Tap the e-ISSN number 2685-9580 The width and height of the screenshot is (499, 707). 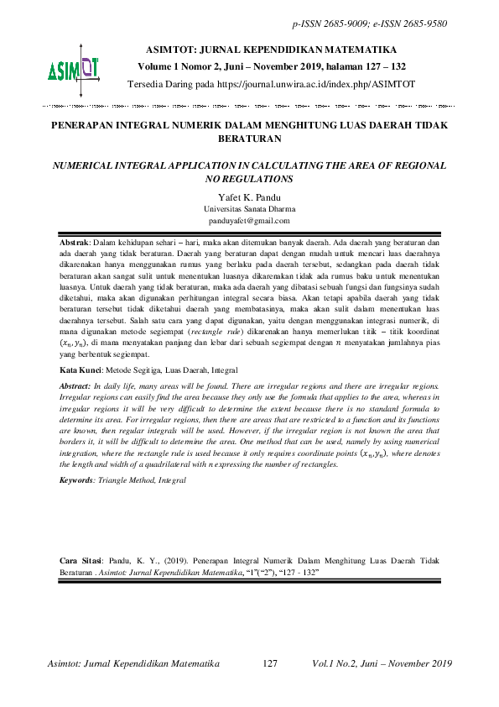coord(424,24)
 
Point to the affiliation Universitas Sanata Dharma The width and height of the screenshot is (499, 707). coord(248,208)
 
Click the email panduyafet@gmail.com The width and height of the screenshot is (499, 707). coord(248,220)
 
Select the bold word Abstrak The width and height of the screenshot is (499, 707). coord(75,242)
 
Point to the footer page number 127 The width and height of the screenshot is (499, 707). coord(270,663)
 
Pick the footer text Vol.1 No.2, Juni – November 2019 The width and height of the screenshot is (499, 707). coord(382,663)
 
